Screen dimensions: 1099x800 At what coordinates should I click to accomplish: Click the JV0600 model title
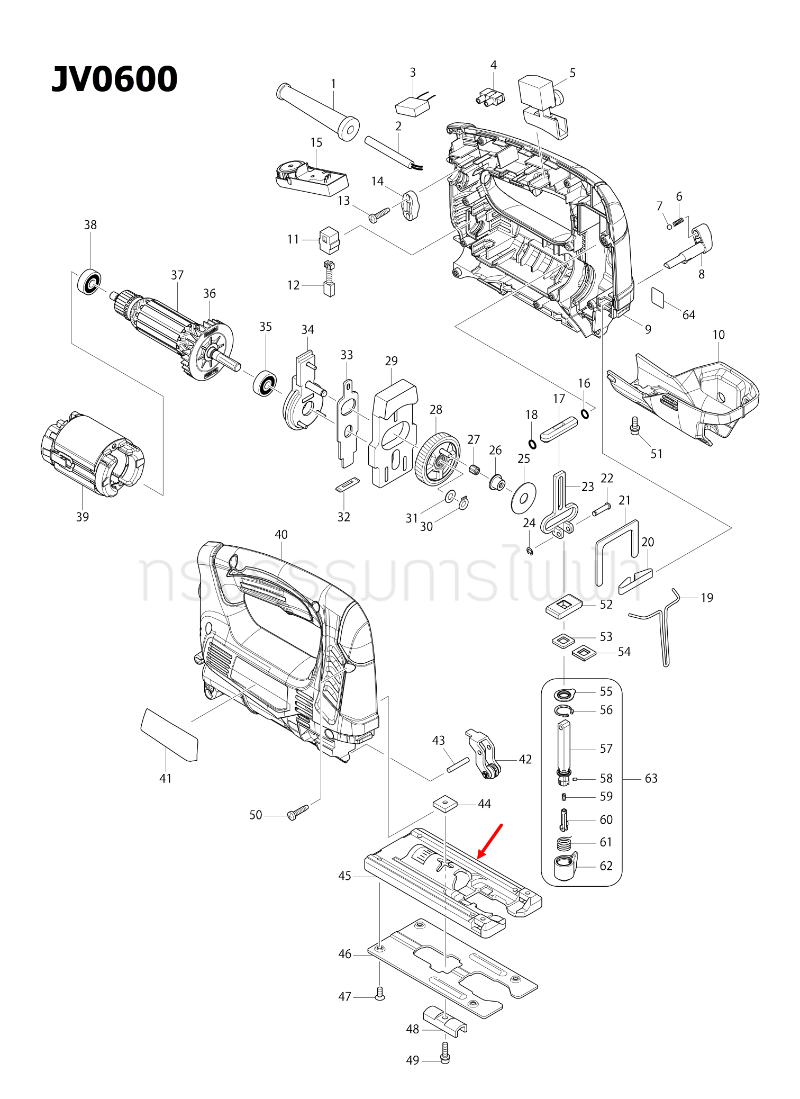tap(114, 79)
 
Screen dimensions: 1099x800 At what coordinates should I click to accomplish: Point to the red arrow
tap(490, 841)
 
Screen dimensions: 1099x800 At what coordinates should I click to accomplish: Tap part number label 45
tap(344, 876)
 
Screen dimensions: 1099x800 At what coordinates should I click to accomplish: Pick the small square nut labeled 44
tap(445, 804)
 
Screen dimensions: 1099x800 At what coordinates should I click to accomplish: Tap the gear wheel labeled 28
tap(438, 458)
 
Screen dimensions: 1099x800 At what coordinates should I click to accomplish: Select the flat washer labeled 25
tap(523, 498)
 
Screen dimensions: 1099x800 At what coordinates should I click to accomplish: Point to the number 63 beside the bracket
tap(651, 778)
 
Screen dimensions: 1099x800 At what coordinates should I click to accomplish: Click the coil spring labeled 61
tap(565, 842)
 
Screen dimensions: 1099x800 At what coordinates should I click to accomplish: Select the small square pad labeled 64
tap(658, 297)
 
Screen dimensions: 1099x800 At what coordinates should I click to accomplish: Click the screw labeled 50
tap(297, 813)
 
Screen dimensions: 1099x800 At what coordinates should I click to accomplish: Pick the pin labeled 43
tap(458, 764)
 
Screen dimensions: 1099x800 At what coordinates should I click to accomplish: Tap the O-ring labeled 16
tap(585, 413)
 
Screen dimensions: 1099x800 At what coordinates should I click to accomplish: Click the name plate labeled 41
tap(169, 735)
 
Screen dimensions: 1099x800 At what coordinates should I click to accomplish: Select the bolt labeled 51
tap(635, 425)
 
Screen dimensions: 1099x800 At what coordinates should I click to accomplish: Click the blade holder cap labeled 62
tap(565, 867)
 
